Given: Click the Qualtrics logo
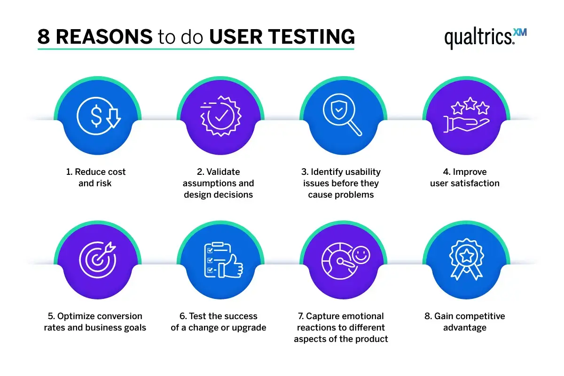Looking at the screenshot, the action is (486, 38).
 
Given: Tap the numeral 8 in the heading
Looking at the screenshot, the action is (43, 37).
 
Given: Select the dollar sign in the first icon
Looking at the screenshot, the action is (96, 116).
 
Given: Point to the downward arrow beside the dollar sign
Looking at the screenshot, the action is (113, 118).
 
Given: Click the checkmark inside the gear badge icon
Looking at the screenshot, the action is (221, 116).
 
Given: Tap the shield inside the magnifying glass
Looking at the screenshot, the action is (339, 110).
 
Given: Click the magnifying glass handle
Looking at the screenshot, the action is (355, 129).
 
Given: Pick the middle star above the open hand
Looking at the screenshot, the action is (470, 103).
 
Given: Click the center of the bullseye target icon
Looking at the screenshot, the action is (97, 260).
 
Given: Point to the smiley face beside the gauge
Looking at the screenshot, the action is (361, 255).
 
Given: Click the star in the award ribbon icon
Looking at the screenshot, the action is (467, 255).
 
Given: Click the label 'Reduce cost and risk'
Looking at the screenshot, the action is (95, 177).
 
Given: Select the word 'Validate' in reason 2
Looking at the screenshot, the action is (223, 172).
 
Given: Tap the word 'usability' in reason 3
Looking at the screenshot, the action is (363, 172).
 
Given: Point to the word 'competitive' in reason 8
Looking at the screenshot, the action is (482, 317).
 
